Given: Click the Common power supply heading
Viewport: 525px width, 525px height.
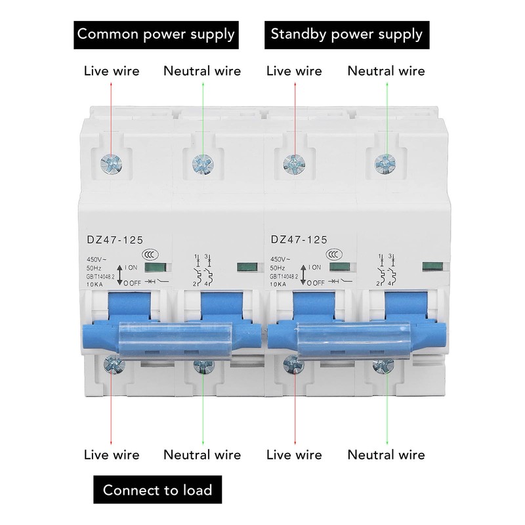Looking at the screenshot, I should [156, 33].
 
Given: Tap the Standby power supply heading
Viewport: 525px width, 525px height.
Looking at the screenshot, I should [347, 33].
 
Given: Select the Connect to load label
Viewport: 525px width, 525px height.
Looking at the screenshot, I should [157, 490].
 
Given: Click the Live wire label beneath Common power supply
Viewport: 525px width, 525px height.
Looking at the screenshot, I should [112, 70].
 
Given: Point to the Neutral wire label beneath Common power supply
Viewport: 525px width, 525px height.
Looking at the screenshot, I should [202, 70].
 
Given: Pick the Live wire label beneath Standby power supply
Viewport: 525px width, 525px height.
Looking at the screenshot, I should [294, 70].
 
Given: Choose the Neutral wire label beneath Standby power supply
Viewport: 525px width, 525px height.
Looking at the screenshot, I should [386, 70].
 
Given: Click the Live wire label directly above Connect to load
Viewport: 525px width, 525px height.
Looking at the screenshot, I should [112, 455].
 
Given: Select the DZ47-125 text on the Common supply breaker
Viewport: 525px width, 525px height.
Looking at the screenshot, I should [115, 241].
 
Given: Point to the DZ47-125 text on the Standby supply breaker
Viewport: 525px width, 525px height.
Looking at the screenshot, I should [299, 241].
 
